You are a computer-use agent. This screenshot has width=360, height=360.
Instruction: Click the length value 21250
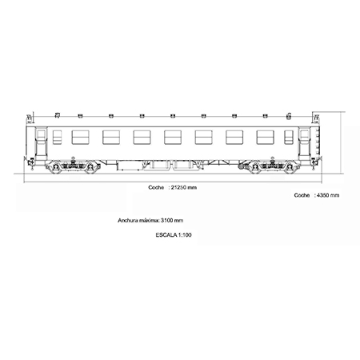(178, 187)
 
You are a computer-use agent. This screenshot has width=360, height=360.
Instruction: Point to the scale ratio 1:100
(185, 235)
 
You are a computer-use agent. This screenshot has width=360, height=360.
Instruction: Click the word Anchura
(126, 221)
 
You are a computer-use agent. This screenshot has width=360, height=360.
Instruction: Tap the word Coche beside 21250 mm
(156, 187)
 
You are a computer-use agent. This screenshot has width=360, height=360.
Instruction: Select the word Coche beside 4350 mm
(302, 195)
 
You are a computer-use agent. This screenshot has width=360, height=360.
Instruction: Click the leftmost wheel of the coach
(56, 167)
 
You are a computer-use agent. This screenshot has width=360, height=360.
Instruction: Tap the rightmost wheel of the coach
(289, 167)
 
